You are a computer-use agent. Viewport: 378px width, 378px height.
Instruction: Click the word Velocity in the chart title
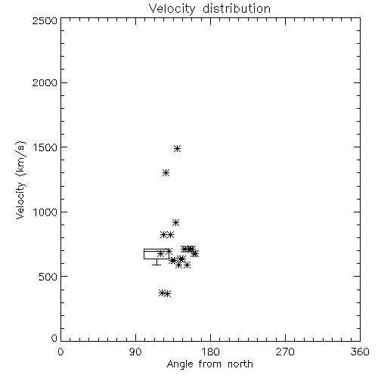pos(172,9)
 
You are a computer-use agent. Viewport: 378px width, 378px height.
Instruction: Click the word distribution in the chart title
pos(237,8)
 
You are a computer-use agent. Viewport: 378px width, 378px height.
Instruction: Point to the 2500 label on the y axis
pos(45,20)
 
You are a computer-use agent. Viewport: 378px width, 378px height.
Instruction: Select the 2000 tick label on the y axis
pos(45,82)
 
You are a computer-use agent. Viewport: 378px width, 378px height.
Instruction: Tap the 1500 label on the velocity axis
pos(45,147)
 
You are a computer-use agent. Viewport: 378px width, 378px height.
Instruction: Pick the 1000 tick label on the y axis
pos(45,212)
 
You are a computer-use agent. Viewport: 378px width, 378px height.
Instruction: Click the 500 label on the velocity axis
pos(48,277)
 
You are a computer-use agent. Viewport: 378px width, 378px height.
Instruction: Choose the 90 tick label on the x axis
pos(135,352)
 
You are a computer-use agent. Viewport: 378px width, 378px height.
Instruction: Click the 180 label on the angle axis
pos(210,352)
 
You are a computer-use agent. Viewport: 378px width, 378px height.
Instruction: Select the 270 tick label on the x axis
pos(285,352)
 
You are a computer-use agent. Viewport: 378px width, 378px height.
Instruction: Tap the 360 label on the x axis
pos(360,352)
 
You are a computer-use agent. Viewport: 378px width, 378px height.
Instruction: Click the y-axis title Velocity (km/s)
pos(20,180)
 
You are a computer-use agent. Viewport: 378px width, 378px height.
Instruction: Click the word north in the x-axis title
pos(240,364)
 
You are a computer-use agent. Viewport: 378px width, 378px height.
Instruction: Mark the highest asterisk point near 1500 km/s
pos(177,148)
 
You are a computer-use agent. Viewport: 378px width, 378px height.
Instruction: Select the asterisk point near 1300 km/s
pos(166,172)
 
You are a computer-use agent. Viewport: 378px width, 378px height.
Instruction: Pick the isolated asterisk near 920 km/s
pos(175,222)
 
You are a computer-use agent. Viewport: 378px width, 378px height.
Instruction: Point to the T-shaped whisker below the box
pos(156,264)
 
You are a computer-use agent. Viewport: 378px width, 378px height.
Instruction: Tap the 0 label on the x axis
pos(60,352)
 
